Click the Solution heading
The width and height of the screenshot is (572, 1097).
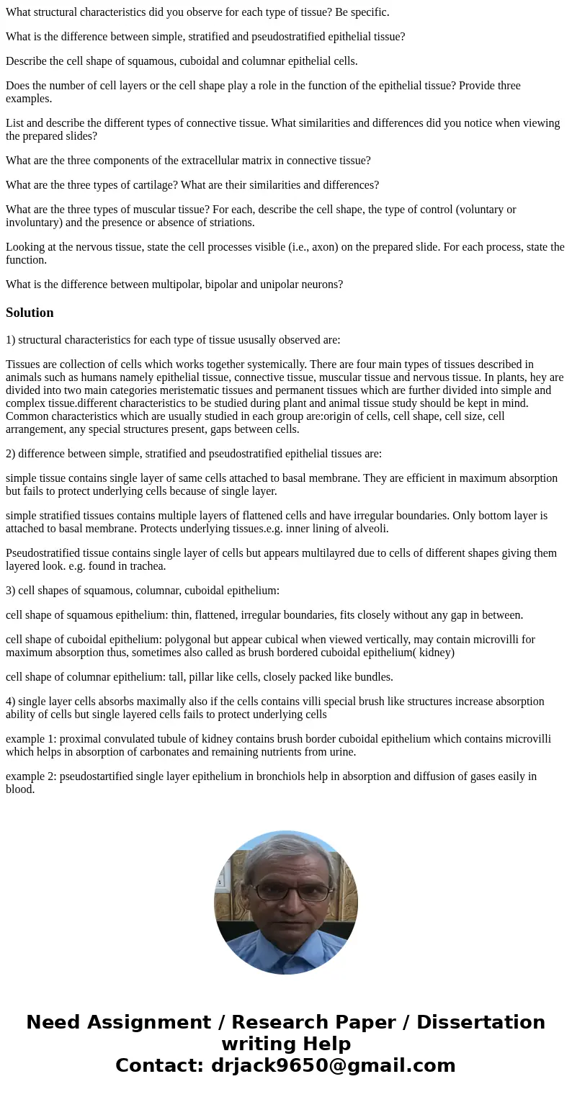[30, 313]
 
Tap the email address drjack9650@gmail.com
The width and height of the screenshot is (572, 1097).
[334, 1065]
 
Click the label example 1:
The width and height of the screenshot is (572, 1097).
[32, 739]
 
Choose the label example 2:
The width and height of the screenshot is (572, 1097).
[32, 776]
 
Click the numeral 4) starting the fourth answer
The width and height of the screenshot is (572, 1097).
[10, 702]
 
